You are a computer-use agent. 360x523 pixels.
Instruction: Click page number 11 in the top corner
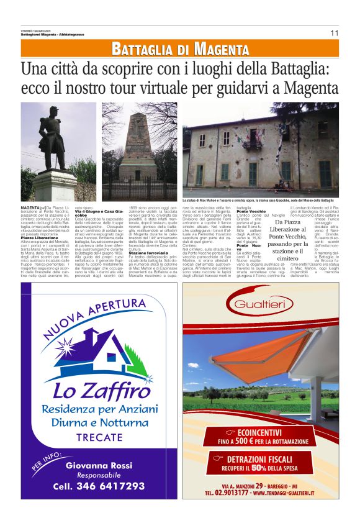point(334,33)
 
